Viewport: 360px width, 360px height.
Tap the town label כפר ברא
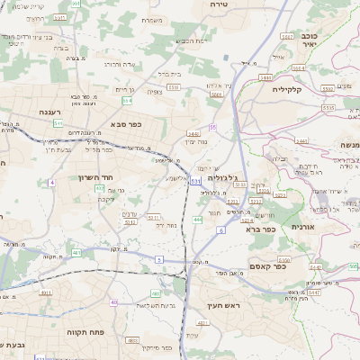click(260, 229)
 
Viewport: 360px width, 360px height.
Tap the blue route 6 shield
click(220, 229)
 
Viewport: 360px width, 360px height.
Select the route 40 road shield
click(114, 301)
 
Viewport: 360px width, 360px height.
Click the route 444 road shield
click(197, 219)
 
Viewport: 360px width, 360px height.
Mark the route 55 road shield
click(212, 127)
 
